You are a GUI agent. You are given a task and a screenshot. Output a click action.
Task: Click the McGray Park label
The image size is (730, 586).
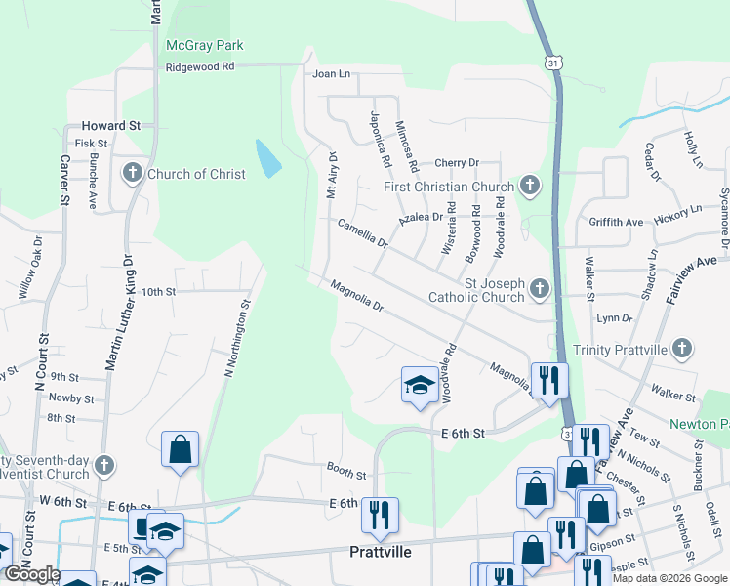pos(204,45)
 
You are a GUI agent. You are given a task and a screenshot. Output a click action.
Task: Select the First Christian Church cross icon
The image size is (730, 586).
pos(529,185)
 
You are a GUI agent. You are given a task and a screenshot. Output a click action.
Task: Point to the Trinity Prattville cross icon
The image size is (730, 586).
pos(684,349)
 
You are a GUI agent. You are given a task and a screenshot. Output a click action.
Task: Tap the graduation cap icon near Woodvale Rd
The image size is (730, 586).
pos(419,385)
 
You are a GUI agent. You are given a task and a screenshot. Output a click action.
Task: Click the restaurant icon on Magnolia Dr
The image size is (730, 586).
pos(549,377)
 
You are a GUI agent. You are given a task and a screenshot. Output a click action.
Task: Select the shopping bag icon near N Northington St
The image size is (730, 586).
pos(181,449)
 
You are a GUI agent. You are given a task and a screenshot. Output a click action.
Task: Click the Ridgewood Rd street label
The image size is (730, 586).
pos(201,66)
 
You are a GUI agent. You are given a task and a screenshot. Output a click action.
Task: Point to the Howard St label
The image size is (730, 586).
pos(111,126)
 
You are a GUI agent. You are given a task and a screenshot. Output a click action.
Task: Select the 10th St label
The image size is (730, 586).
pos(157,291)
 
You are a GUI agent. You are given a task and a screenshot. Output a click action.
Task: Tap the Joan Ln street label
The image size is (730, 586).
pos(331,73)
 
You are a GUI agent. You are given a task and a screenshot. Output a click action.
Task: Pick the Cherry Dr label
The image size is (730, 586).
pos(458,162)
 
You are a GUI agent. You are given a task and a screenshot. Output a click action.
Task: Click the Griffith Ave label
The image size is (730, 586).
pos(616,222)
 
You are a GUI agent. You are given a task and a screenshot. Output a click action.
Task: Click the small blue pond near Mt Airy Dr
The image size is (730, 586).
pos(264,159)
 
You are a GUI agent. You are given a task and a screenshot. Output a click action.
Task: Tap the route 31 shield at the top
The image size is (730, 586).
pos(553,62)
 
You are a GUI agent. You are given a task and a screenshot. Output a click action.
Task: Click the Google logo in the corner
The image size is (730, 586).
pos(32,574)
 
